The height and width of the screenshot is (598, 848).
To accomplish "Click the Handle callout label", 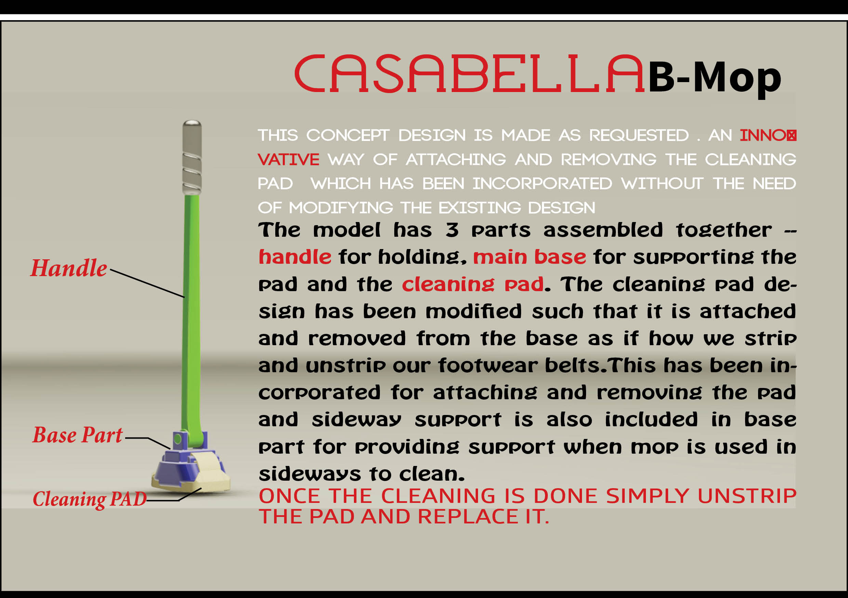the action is coord(69,268).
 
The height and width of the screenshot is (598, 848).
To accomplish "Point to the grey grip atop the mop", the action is coord(192,157).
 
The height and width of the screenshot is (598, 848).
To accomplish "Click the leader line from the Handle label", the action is coord(147,284).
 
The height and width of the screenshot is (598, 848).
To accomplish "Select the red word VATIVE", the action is coord(289,160).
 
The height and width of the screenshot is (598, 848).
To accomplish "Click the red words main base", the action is coord(530,257).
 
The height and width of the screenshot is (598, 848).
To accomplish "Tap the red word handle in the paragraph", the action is coord(295,257).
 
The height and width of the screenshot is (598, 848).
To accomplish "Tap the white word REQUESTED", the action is coord(639,135).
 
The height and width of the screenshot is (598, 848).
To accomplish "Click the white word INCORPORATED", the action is coord(542,184).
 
